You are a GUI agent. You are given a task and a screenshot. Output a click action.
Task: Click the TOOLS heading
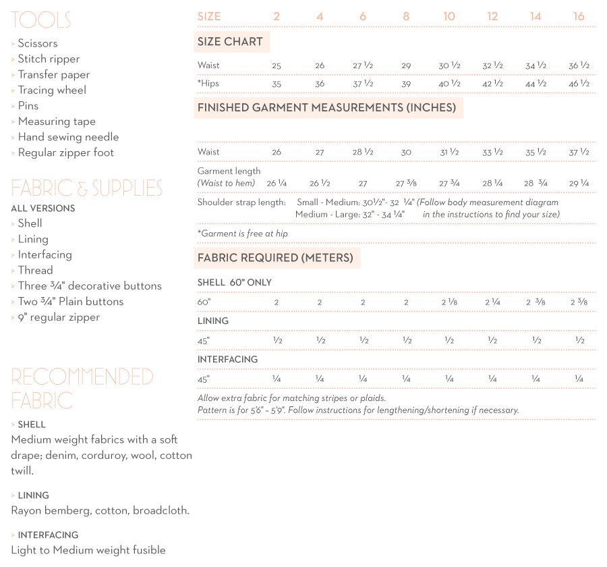(40, 20)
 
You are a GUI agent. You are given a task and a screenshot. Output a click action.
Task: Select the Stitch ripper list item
(49, 59)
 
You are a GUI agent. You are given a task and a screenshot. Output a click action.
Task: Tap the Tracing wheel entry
(52, 90)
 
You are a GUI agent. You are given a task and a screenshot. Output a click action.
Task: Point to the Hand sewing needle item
(68, 137)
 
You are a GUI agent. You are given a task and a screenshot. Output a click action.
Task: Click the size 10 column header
(449, 16)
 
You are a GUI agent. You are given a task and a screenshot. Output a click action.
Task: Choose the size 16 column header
(579, 16)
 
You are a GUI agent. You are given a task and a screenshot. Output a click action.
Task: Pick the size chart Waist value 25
(277, 65)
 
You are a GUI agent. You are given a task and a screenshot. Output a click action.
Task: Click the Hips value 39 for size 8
(406, 84)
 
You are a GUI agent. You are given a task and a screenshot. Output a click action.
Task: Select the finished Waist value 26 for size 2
(277, 153)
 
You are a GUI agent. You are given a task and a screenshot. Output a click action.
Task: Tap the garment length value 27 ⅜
(406, 183)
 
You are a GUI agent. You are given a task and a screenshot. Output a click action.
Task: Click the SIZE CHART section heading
(230, 42)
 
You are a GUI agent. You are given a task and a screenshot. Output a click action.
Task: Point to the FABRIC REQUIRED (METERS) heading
(275, 258)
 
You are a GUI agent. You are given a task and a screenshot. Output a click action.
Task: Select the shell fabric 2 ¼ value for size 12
(492, 302)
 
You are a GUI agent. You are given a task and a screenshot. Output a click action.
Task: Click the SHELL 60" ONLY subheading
(235, 282)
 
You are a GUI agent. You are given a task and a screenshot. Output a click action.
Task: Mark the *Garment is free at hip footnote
(243, 234)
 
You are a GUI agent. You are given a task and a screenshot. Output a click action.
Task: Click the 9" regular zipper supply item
(59, 317)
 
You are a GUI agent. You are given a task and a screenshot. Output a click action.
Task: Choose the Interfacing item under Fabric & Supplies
(45, 254)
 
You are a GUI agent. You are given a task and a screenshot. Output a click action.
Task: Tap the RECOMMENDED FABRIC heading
(82, 388)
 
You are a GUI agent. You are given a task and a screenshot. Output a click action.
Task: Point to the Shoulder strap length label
(241, 202)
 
